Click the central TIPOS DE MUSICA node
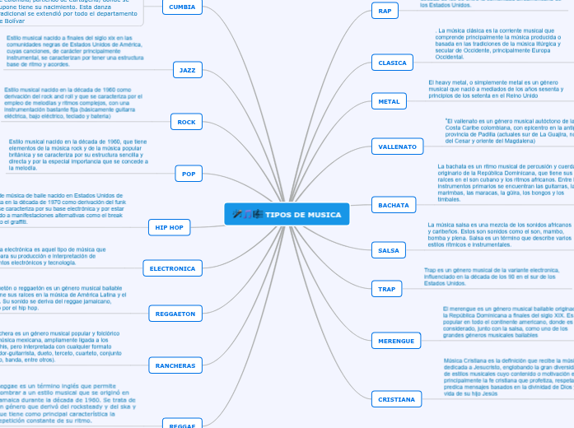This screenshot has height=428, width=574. (x=287, y=215)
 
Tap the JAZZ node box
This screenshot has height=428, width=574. (x=188, y=70)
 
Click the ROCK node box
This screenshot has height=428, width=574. (x=187, y=122)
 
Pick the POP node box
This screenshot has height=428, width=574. (x=189, y=174)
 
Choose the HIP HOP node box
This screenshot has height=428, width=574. (x=170, y=227)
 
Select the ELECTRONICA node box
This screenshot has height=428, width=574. (x=172, y=268)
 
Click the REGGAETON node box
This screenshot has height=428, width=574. (x=175, y=314)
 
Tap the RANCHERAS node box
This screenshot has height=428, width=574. (x=175, y=365)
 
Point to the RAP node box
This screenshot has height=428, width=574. (x=385, y=11)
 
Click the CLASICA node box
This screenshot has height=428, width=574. (x=392, y=63)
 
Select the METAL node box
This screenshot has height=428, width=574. (x=388, y=101)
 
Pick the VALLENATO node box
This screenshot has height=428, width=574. (x=397, y=147)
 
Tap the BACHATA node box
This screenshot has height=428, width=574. (x=392, y=204)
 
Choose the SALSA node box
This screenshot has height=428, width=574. (x=388, y=249)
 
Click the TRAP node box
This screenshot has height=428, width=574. (x=386, y=289)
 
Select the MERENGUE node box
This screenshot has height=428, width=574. (x=396, y=340)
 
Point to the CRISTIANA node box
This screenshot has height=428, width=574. (x=396, y=375)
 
